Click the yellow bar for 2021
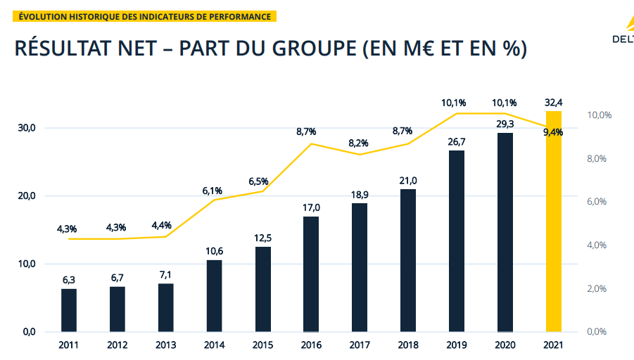click(x=554, y=221)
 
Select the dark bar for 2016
click(x=311, y=274)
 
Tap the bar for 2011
click(x=69, y=310)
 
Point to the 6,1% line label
click(x=212, y=191)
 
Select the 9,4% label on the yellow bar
click(x=554, y=133)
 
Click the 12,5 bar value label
click(x=262, y=238)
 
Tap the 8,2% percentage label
click(x=359, y=143)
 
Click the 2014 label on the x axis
click(x=214, y=345)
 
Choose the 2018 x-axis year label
click(x=408, y=345)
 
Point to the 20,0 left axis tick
click(x=26, y=196)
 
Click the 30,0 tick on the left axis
click(x=26, y=128)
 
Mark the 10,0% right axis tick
click(x=600, y=115)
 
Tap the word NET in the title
click(x=139, y=49)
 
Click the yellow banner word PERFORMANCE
click(x=239, y=16)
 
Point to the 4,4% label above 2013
click(x=163, y=225)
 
